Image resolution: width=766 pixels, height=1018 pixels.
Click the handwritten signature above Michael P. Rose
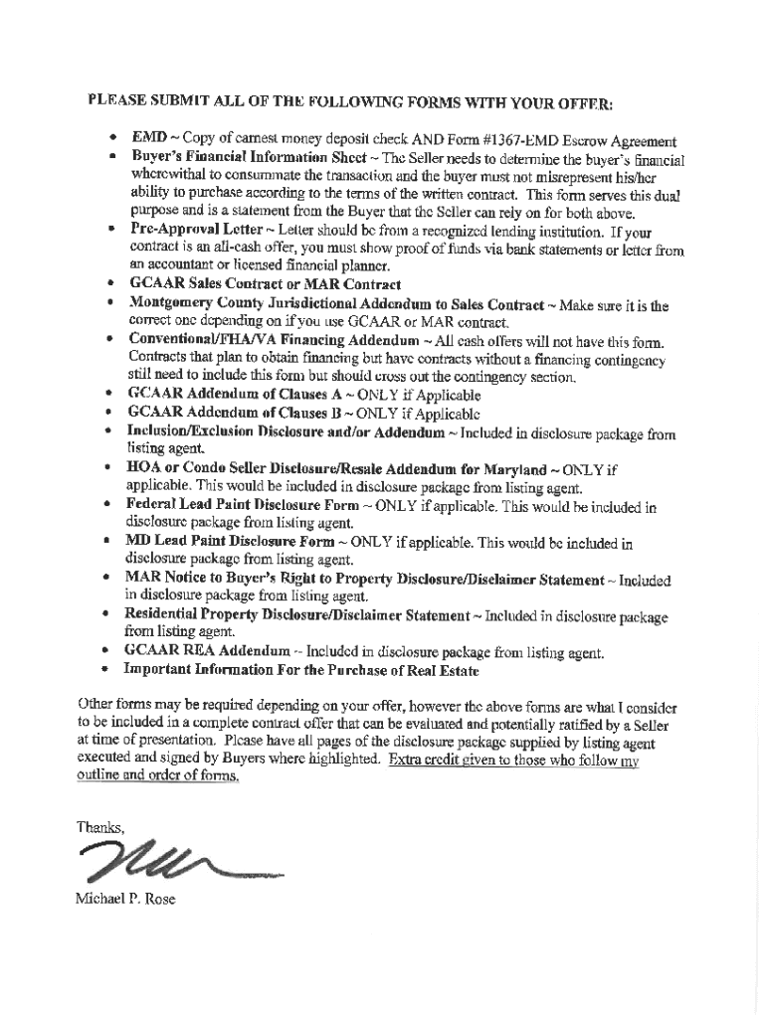[x=169, y=857]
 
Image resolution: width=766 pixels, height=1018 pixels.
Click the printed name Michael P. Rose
[x=125, y=900]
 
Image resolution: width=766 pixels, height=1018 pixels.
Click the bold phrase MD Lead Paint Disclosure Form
[x=230, y=542]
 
